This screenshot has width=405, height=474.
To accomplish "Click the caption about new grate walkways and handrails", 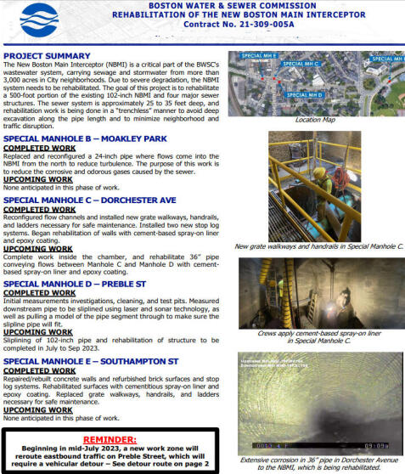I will pyautogui.click(x=313, y=246).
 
